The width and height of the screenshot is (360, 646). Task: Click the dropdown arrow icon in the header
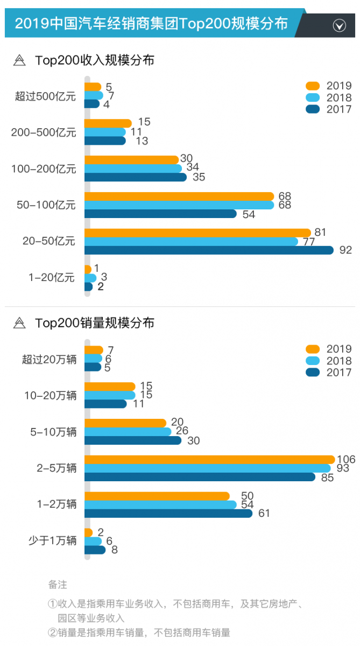click(x=339, y=25)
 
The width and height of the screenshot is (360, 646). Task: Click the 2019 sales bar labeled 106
click(x=210, y=459)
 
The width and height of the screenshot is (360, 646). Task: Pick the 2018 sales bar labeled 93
click(x=208, y=468)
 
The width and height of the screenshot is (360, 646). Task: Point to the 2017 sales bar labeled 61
click(x=168, y=513)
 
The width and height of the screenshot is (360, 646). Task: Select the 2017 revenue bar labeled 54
click(x=160, y=214)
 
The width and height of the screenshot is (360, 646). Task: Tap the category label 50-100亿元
click(x=46, y=205)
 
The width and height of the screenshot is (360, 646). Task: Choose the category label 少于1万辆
click(x=52, y=540)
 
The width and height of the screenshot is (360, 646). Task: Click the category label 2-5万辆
click(x=57, y=468)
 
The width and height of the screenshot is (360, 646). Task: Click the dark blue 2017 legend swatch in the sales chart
click(x=313, y=373)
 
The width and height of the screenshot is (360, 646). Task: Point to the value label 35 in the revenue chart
click(x=199, y=177)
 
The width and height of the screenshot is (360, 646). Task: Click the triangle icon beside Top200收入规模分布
click(x=19, y=60)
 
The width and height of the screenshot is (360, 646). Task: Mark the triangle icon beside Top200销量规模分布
click(x=19, y=323)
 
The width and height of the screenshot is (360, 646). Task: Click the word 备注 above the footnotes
click(x=58, y=584)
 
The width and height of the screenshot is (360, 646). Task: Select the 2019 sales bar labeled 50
click(x=157, y=496)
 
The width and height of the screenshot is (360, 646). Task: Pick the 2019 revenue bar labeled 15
click(x=108, y=123)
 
